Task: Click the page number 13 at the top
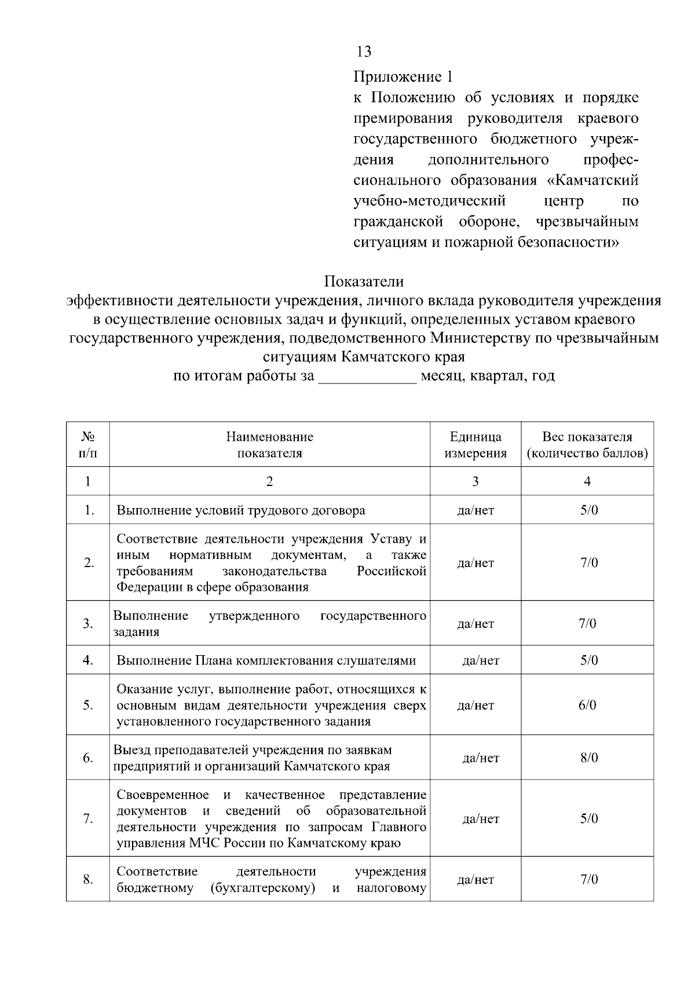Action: click(x=364, y=52)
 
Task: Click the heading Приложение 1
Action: click(x=403, y=76)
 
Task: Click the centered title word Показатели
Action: click(x=364, y=282)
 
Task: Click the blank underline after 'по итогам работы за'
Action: click(x=368, y=377)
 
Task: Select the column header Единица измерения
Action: click(x=475, y=445)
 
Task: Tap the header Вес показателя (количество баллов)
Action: click(x=587, y=445)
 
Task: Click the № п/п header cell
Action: click(x=88, y=445)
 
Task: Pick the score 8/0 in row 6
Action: click(x=589, y=758)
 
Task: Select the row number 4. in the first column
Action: click(x=88, y=660)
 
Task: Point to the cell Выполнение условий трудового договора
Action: click(x=241, y=510)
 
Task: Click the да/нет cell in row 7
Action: click(x=481, y=819)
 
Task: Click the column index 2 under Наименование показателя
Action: click(x=269, y=482)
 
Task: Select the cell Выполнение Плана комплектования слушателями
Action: click(x=266, y=660)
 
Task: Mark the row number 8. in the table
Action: click(x=88, y=880)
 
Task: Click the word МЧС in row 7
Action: click(x=203, y=843)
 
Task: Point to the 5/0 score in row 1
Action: click(x=589, y=510)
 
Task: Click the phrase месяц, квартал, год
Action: click(x=487, y=377)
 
